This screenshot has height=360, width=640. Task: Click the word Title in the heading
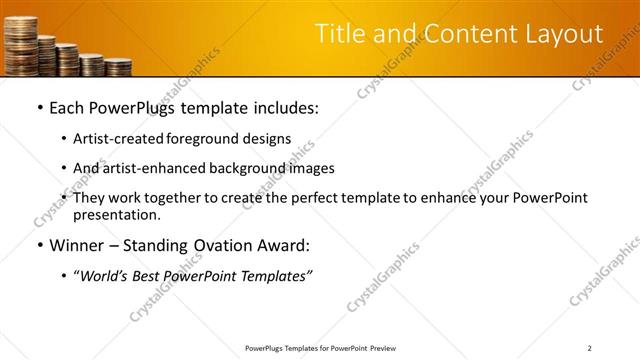point(340,34)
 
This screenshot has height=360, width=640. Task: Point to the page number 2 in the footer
point(589,348)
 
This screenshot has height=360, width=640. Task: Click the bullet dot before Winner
point(38,246)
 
